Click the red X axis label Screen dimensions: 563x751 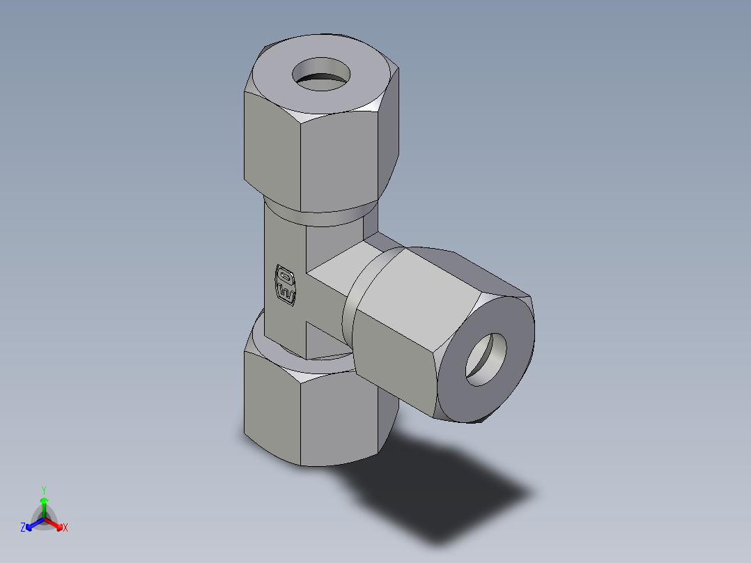(65, 528)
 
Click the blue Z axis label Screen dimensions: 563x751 (23, 528)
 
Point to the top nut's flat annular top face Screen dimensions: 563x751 (279, 84)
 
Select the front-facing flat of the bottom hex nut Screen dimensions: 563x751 (340, 418)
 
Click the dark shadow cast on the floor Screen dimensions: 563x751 (446, 488)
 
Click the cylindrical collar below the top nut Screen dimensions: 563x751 (320, 216)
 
